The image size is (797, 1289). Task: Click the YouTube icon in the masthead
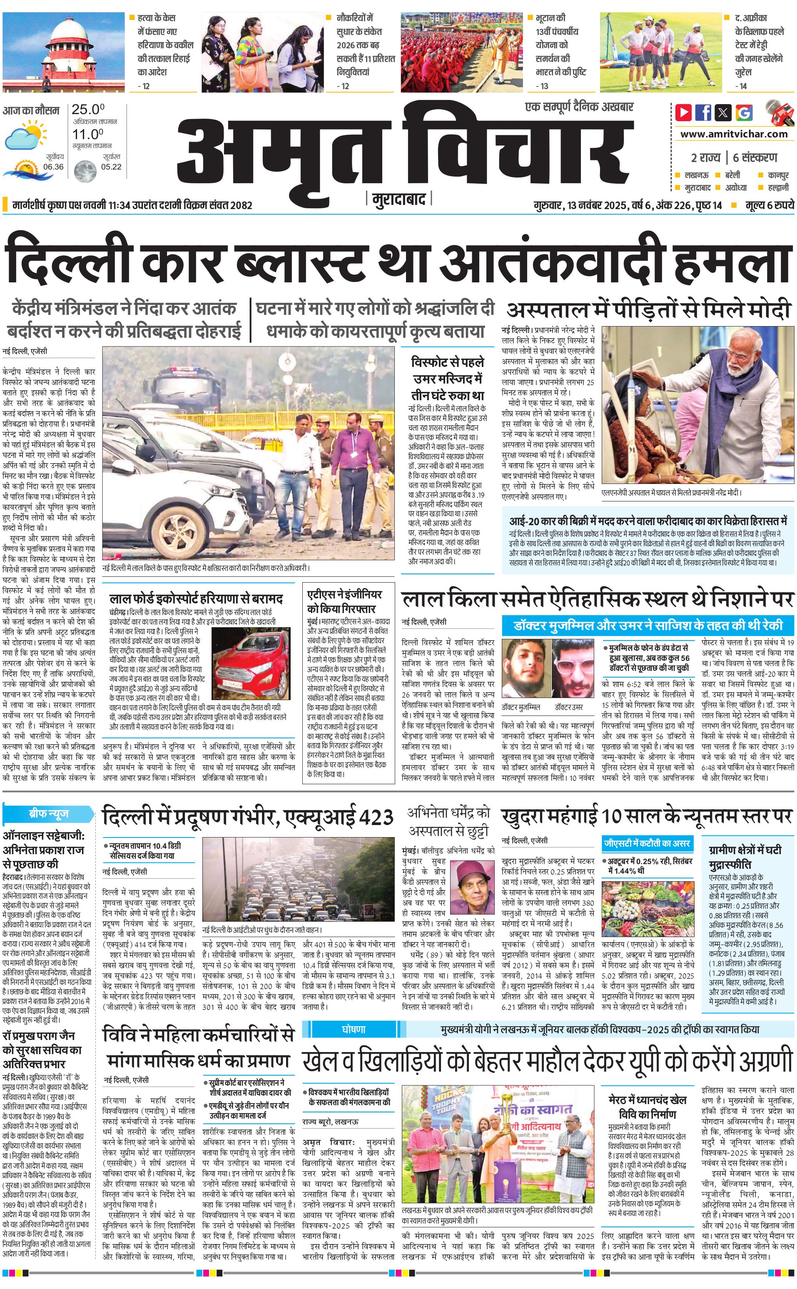(x=684, y=112)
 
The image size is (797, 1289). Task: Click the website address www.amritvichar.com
(x=734, y=134)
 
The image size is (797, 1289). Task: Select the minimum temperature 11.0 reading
(x=87, y=134)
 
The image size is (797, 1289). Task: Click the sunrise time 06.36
(x=53, y=167)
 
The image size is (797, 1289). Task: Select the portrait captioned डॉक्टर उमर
(x=572, y=668)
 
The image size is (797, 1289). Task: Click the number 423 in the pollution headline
(x=376, y=818)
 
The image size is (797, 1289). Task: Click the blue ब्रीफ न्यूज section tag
(x=48, y=813)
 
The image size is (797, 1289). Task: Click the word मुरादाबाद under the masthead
(x=398, y=199)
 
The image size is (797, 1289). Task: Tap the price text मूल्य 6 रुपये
(x=769, y=205)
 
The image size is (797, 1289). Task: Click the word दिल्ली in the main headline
(x=67, y=262)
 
